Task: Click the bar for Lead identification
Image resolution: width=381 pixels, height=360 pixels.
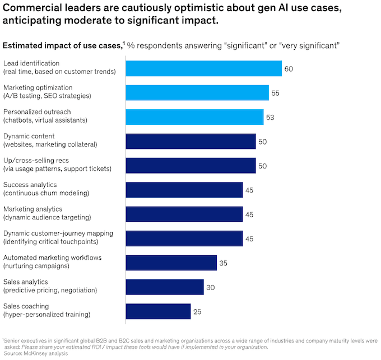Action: (x=203, y=68)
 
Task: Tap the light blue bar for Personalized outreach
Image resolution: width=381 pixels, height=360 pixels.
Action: (x=194, y=116)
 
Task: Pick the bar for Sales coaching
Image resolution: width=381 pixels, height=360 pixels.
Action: (x=159, y=311)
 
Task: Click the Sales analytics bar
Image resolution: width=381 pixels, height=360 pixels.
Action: (x=165, y=287)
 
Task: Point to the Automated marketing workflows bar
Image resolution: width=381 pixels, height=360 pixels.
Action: (x=171, y=263)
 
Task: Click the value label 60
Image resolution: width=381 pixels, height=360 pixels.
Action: (x=289, y=69)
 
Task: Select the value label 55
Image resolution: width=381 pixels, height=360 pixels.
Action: (x=275, y=93)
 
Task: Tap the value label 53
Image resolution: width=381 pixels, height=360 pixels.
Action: (x=270, y=117)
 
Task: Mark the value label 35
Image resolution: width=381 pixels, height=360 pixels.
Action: (x=224, y=263)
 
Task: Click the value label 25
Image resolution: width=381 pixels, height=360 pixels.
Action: (x=197, y=311)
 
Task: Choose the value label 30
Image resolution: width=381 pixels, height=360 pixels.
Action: (x=210, y=287)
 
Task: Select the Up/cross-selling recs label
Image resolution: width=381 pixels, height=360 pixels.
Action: (x=36, y=160)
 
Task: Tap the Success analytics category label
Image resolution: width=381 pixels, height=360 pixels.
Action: (x=30, y=184)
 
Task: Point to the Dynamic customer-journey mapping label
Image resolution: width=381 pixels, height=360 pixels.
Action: (x=58, y=233)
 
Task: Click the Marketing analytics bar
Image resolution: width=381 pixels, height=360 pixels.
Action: (x=184, y=214)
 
